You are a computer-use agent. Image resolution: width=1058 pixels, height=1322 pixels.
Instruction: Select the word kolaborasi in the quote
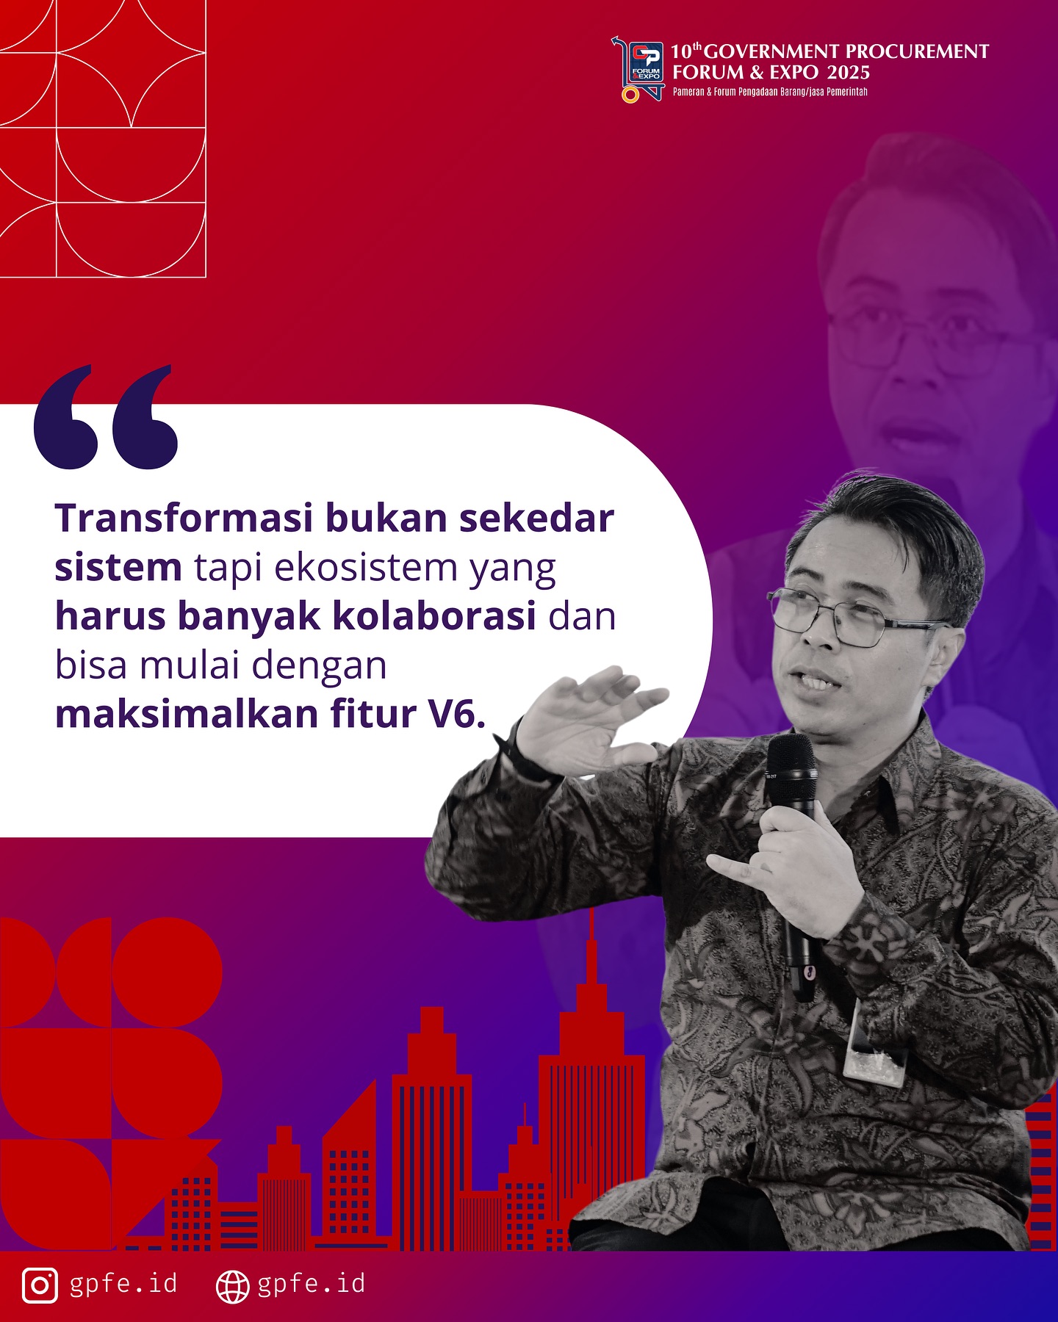click(x=434, y=616)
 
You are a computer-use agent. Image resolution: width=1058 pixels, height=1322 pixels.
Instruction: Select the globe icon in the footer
click(x=233, y=1285)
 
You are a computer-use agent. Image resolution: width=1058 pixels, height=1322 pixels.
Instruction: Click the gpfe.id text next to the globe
click(x=312, y=1284)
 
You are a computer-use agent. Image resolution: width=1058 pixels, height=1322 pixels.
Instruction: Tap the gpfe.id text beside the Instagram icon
click(x=123, y=1284)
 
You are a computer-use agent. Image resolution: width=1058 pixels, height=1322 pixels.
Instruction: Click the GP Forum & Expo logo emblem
click(x=638, y=70)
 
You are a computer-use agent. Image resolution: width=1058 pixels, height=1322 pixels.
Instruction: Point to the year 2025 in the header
click(x=848, y=72)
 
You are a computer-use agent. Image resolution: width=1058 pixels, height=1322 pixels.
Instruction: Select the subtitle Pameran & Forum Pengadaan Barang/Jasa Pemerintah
click(x=770, y=92)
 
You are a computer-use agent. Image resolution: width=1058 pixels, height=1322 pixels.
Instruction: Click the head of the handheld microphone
click(x=791, y=760)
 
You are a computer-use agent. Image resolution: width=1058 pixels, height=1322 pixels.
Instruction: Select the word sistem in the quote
click(x=118, y=568)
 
